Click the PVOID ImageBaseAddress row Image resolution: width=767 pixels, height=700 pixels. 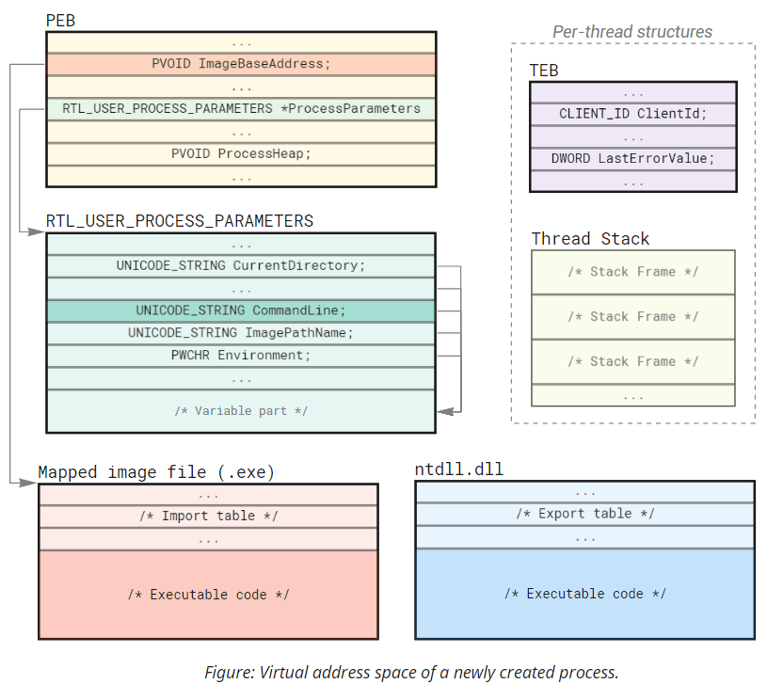point(241,64)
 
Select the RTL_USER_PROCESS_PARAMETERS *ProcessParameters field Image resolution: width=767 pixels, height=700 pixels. point(241,109)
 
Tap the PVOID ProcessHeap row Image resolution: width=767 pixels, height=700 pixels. point(241,153)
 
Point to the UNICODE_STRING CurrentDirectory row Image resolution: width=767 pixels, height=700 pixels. point(241,266)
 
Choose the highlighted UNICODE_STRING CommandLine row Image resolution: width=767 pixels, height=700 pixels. point(241,310)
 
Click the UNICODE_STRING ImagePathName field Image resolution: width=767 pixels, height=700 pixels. point(241,333)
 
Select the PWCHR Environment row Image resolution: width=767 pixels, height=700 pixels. point(241,356)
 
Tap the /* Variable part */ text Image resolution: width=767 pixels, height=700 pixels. point(241,411)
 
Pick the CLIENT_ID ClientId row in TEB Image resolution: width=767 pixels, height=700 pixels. point(632,114)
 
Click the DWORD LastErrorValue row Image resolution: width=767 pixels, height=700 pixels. point(632,158)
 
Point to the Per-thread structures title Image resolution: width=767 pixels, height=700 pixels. point(631,31)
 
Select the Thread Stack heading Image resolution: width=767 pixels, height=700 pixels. point(590,239)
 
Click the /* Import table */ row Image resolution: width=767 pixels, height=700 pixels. point(208,516)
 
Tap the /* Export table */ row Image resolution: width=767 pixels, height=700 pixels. point(584,514)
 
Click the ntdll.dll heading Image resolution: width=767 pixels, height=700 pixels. point(458,469)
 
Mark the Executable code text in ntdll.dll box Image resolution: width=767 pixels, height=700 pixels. point(584,594)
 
